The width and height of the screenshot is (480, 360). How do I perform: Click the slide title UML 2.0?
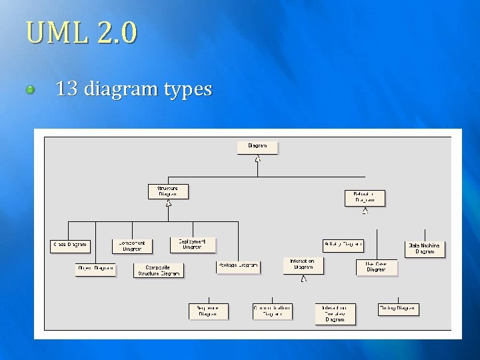coord(81,31)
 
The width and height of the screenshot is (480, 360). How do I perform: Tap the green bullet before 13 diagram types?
coord(30,89)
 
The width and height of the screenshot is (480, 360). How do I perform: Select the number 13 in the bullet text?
coord(67,89)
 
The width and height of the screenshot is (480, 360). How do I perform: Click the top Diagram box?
coord(257,147)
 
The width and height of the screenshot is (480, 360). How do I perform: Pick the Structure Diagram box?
coord(167,191)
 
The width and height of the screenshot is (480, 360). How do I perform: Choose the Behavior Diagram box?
coord(365,197)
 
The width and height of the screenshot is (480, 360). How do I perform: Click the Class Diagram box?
coord(69,245)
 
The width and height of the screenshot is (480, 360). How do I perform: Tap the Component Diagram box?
coord(132,245)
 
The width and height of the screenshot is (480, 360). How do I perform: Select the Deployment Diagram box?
coord(192,245)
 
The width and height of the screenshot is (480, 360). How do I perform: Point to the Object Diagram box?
coord(95,269)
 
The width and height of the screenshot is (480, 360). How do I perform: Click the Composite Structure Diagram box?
coord(159,270)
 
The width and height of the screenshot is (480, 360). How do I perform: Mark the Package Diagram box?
coord(238,266)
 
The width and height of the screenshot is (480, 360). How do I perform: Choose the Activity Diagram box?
coord(343,245)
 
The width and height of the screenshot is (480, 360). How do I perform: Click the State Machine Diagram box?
coord(425,248)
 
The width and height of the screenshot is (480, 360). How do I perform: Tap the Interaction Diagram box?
coord(303,265)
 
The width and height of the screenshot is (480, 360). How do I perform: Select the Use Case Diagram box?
coord(376,267)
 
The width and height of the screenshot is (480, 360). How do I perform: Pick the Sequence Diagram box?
coord(208,311)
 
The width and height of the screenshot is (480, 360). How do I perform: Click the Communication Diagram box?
coord(272,311)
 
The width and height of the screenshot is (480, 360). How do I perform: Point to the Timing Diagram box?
coord(398,308)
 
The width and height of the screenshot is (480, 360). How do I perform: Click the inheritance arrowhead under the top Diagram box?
coord(257,159)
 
